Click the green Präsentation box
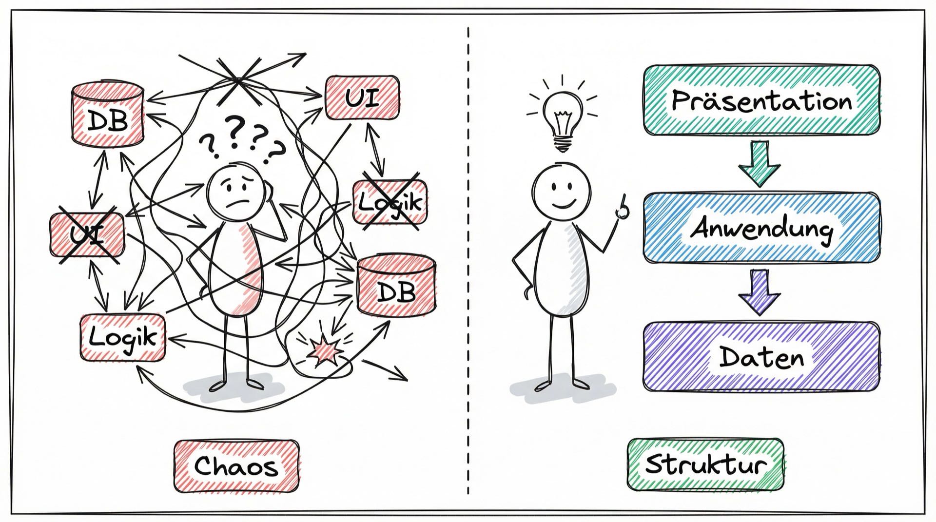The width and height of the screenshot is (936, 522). click(761, 100)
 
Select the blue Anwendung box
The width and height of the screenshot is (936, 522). click(761, 228)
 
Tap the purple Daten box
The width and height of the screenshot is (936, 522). click(761, 357)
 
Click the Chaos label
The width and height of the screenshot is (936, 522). click(236, 466)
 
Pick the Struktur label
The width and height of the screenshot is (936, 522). click(705, 464)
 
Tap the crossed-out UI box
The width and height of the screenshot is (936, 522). click(87, 235)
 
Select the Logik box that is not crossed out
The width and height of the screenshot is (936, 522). click(122, 337)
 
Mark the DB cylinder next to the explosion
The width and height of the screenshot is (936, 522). click(396, 287)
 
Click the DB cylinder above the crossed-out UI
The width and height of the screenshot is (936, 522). click(108, 115)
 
